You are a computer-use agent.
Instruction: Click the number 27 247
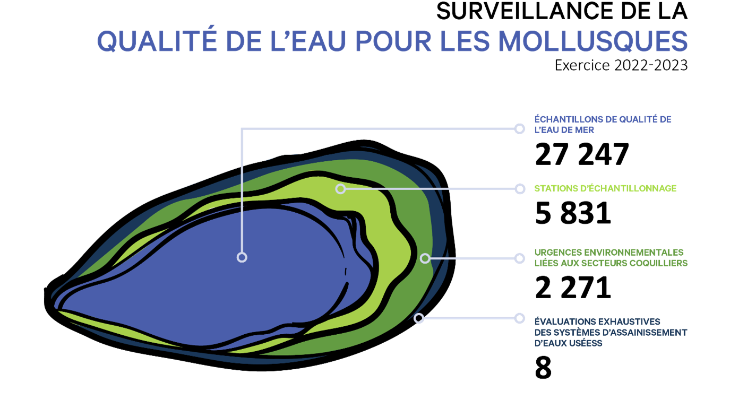point(582,154)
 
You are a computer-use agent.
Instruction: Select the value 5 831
point(573,213)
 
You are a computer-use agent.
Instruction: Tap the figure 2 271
point(573,288)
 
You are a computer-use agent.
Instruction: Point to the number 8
point(543,368)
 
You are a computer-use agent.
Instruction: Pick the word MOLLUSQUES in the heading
point(593,41)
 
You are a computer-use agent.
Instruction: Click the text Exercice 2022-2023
point(621,65)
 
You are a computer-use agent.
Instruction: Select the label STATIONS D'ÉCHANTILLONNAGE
point(606,188)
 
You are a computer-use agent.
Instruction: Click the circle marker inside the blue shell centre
point(242,257)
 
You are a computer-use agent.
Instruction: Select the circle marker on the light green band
point(340,189)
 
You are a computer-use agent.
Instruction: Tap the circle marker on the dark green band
point(425,258)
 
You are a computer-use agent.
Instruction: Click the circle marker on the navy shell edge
point(419,318)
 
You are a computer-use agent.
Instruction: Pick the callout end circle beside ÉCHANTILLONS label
point(519,129)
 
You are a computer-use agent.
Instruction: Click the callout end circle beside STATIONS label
point(520,189)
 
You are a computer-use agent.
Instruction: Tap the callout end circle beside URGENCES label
point(519,258)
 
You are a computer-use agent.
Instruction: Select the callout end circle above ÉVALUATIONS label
point(519,318)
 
